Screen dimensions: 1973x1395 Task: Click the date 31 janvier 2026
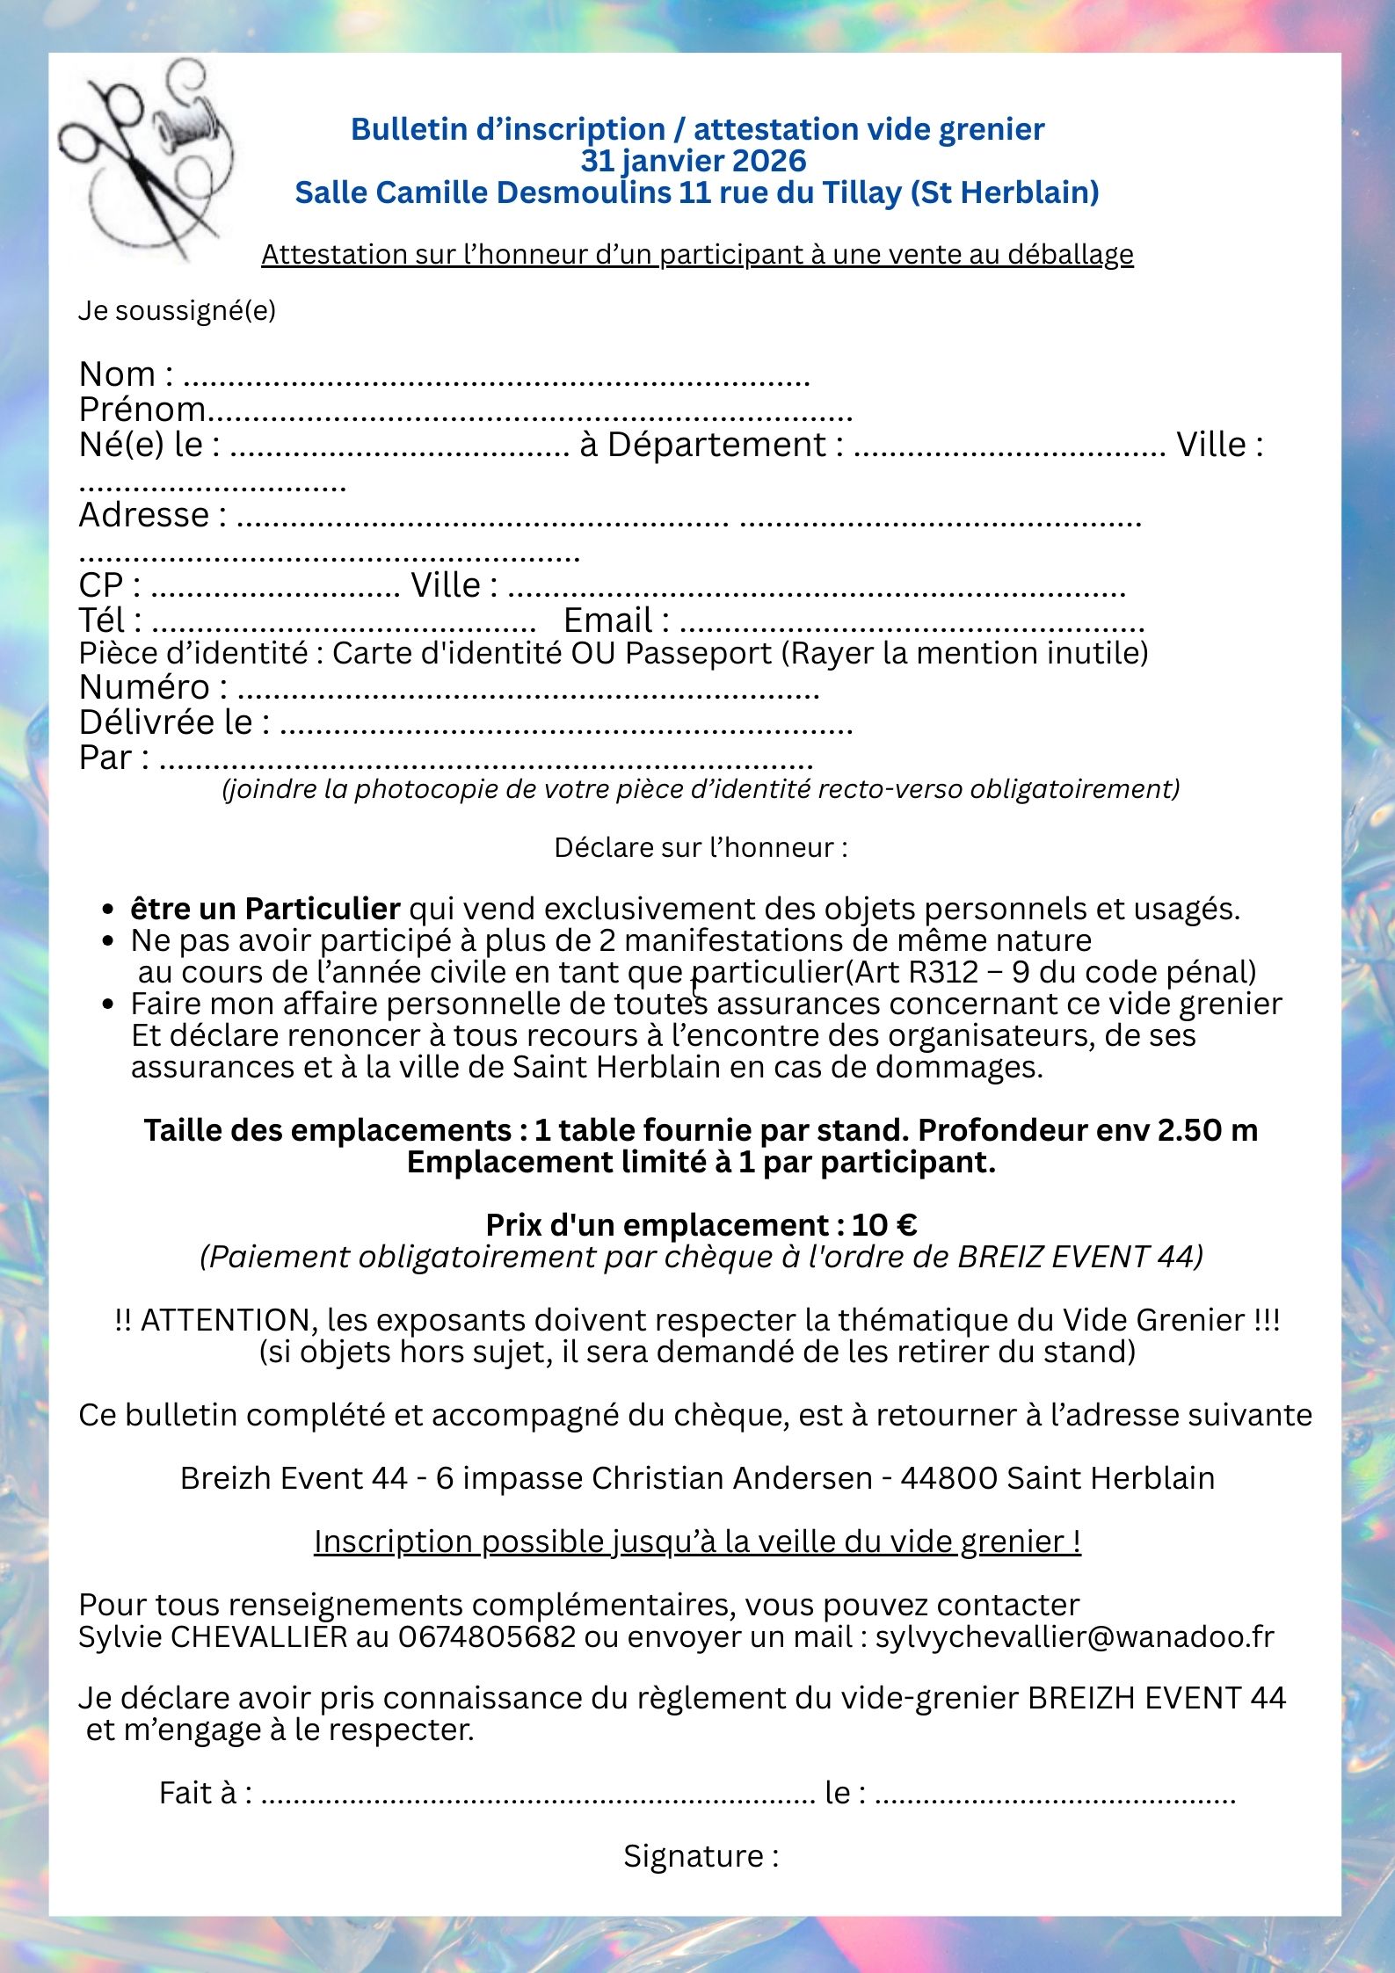[694, 161]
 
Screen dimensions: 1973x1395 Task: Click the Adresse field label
[144, 515]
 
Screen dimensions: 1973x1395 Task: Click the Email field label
[607, 620]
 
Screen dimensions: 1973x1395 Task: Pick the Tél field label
[102, 620]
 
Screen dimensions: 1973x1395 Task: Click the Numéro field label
[145, 687]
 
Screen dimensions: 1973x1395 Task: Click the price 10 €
[883, 1225]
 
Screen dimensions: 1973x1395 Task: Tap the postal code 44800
[948, 1478]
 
